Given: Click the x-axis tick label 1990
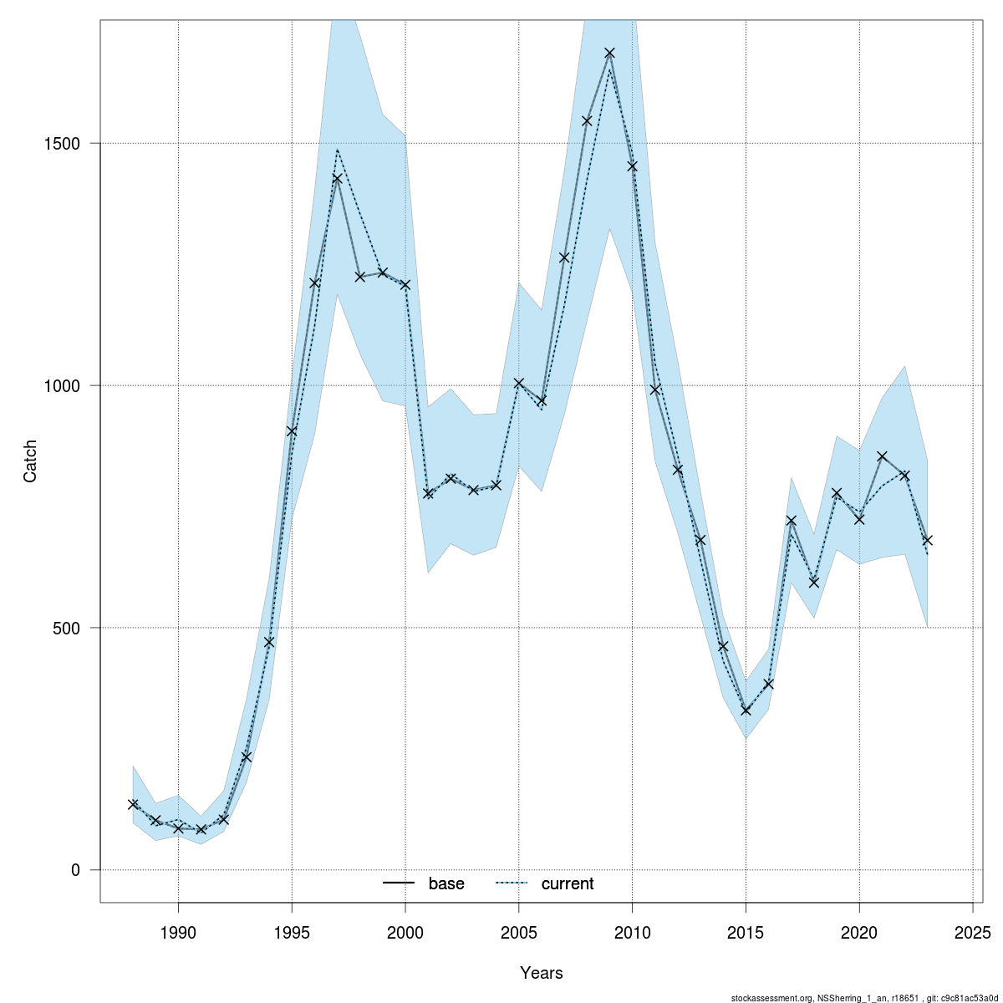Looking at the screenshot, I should click(178, 932).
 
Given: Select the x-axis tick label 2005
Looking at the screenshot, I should click(519, 932).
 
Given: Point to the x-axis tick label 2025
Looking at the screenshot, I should click(973, 932).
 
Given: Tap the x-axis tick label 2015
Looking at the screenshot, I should click(746, 932).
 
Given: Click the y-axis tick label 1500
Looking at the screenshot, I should click(62, 143).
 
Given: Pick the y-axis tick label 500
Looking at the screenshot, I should click(69, 628).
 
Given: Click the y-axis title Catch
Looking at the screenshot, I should click(30, 461).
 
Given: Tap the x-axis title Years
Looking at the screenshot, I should click(542, 973).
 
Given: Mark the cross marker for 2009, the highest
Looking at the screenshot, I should click(610, 53).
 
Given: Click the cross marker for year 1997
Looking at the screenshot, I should click(337, 178).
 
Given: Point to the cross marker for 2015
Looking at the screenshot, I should click(746, 710).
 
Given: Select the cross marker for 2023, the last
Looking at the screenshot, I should click(928, 540).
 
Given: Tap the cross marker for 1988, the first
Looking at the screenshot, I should click(133, 804).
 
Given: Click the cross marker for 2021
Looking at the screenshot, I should click(882, 456).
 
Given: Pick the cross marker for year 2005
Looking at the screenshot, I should click(519, 383).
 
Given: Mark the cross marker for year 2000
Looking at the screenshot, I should click(405, 284).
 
